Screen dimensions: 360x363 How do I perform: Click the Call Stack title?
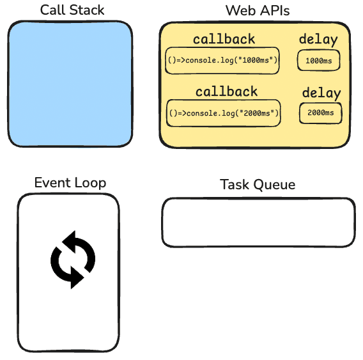pyautogui.click(x=72, y=10)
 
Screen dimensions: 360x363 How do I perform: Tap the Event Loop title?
pyautogui.click(x=70, y=183)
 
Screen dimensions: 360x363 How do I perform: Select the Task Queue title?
pyautogui.click(x=258, y=185)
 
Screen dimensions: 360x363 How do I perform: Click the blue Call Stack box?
pyautogui.click(x=70, y=84)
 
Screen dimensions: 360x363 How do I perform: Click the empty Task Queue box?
pyautogui.click(x=258, y=223)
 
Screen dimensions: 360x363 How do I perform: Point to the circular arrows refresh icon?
pyautogui.click(x=73, y=259)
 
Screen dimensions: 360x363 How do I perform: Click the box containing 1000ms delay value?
pyautogui.click(x=318, y=61)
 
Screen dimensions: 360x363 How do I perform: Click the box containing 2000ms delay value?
pyautogui.click(x=321, y=113)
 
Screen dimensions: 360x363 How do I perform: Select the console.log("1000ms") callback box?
pyautogui.click(x=222, y=61)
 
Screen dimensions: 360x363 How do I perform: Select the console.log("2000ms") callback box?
pyautogui.click(x=224, y=113)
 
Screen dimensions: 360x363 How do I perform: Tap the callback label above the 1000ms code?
pyautogui.click(x=224, y=39)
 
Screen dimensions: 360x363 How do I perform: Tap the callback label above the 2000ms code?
pyautogui.click(x=226, y=91)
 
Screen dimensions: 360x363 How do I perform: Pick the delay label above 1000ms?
pyautogui.click(x=318, y=40)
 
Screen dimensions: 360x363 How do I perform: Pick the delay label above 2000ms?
pyautogui.click(x=321, y=93)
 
